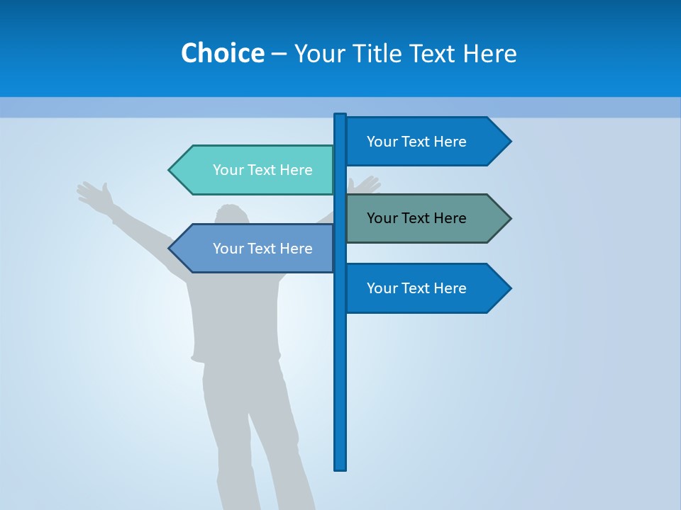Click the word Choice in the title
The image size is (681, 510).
222,53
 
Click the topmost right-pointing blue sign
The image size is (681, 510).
426,141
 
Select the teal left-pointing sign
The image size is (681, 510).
255,170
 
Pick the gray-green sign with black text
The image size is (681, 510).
426,218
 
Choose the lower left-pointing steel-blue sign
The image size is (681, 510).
255,249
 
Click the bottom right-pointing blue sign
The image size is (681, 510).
426,288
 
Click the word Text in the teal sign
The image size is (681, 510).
262,170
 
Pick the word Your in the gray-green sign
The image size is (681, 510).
382,218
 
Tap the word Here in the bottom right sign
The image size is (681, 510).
449,288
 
